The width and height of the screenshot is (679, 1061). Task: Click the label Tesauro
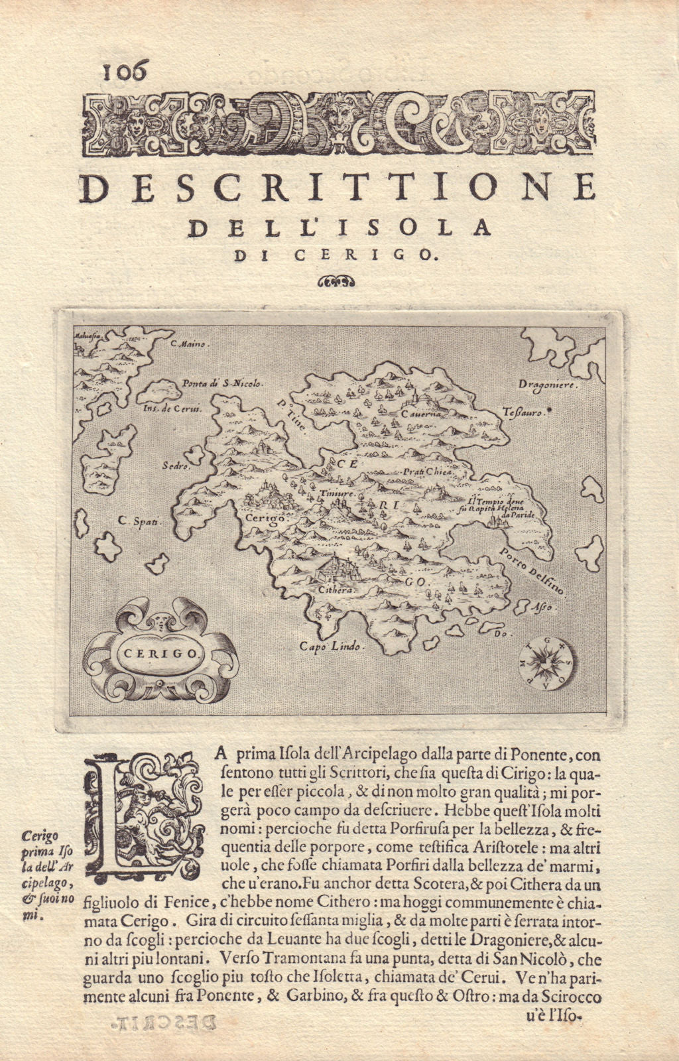pos(523,412)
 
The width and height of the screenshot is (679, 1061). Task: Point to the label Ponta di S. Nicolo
pos(223,383)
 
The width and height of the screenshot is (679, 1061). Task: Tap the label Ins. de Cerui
pos(172,409)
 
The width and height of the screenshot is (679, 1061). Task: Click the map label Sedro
pos(172,466)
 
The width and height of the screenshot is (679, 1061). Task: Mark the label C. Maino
pos(190,344)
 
